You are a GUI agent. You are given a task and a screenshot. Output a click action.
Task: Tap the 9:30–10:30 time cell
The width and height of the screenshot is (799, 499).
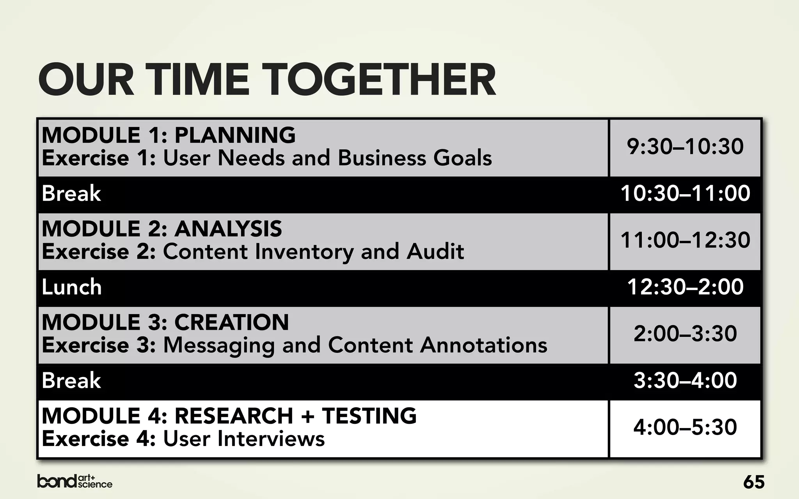click(685, 147)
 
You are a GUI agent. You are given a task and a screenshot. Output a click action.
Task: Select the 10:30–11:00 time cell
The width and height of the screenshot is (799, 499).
click(685, 194)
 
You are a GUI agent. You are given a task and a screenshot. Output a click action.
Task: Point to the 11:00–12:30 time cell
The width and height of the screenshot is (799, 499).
click(685, 241)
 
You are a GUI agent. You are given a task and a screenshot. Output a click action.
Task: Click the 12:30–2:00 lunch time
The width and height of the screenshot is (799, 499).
click(685, 287)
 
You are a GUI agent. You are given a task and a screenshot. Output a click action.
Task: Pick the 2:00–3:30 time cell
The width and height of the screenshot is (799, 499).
click(685, 334)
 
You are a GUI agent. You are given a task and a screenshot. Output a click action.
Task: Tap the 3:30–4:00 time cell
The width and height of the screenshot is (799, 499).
click(685, 381)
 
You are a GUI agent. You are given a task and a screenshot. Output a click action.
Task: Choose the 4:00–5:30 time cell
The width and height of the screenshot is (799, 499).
click(685, 428)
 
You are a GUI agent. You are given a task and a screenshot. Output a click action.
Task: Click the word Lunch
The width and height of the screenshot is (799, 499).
click(72, 287)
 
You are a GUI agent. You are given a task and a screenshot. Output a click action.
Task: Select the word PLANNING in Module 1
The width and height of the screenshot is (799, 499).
click(235, 135)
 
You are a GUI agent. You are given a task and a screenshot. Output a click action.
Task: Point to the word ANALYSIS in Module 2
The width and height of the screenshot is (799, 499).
click(228, 229)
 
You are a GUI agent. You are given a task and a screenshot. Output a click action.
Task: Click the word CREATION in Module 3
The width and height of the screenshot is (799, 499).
click(231, 322)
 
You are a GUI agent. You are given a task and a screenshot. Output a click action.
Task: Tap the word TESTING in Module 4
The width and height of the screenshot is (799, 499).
click(369, 416)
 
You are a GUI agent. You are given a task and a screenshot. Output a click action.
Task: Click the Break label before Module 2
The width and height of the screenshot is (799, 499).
click(71, 194)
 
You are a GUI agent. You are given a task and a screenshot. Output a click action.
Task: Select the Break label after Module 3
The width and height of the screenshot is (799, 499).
click(71, 381)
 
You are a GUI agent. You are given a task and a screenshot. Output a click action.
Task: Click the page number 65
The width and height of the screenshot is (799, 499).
click(754, 482)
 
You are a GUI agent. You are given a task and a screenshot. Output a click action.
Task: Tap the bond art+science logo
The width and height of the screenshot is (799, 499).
click(75, 481)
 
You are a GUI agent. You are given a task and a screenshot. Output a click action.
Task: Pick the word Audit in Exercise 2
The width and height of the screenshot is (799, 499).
click(435, 252)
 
